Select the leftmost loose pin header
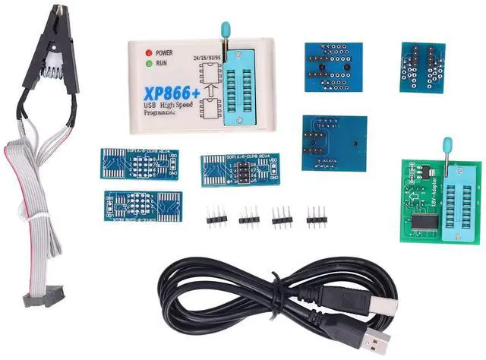216,218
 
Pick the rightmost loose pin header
316,217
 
